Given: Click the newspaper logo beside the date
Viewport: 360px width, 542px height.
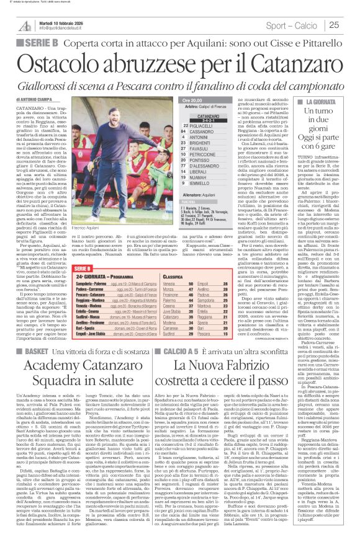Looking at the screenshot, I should tap(24, 25).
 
